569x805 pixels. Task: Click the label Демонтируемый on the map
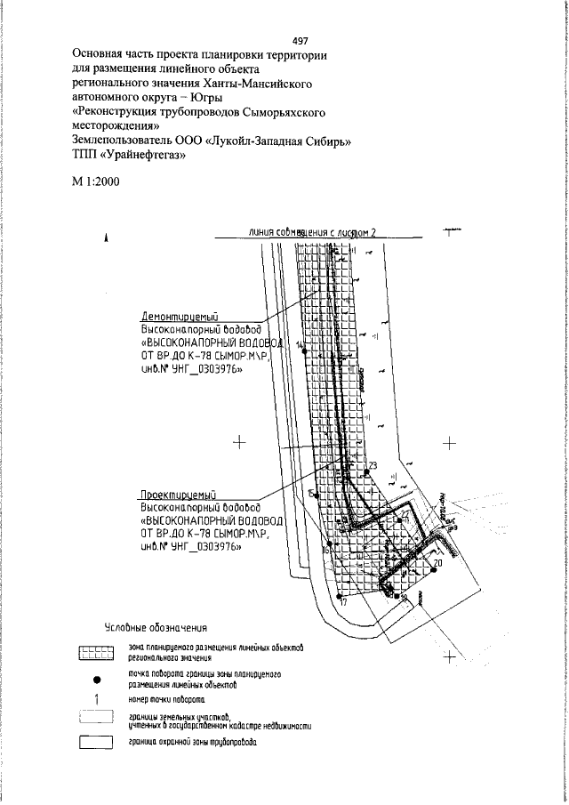pos(180,316)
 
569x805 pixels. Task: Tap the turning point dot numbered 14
pos(306,351)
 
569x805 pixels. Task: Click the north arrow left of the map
pos(107,237)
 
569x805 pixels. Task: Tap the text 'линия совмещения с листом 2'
pos(314,233)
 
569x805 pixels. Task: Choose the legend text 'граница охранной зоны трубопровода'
pos(193,742)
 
